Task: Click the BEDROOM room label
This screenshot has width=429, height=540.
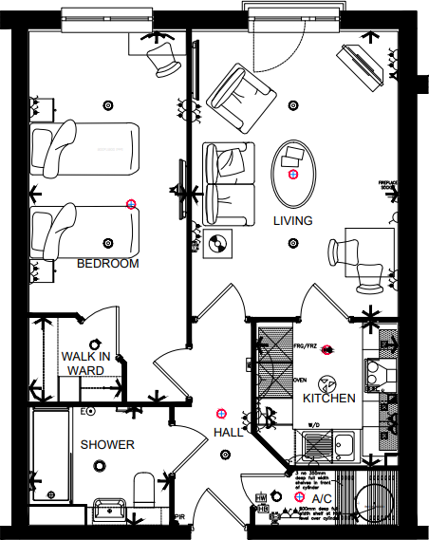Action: pos(107,263)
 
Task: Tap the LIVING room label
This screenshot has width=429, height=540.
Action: pos(293,220)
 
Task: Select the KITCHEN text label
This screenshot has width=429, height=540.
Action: pos(329,399)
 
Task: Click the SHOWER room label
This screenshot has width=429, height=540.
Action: pos(106,444)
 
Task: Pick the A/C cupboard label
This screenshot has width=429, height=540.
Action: pos(322,498)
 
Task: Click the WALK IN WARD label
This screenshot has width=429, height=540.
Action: pos(86,363)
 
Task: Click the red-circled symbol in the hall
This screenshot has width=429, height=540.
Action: pos(222,413)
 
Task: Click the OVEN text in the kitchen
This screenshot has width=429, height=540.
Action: pos(298,380)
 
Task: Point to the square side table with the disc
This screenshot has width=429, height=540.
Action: pos(219,243)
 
